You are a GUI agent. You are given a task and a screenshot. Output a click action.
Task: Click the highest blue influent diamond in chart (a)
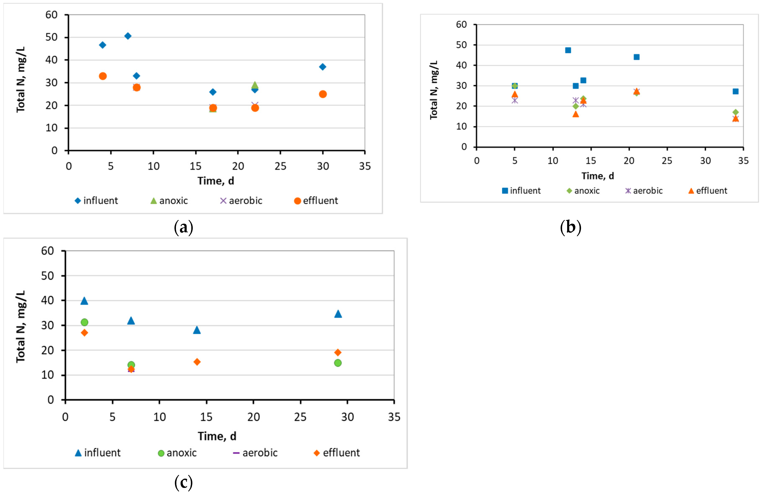point(128,36)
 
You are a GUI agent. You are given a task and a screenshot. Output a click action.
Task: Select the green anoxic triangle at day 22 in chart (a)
point(255,85)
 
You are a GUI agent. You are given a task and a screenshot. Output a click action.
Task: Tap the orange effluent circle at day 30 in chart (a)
point(323,94)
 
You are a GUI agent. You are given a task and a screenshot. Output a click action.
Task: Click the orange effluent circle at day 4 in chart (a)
point(103,76)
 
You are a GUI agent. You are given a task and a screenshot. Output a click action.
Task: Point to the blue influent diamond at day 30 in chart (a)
point(323,67)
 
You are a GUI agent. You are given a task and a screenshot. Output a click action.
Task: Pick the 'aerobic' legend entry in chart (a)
point(241,201)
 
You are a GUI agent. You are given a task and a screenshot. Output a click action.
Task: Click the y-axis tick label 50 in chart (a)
point(51,37)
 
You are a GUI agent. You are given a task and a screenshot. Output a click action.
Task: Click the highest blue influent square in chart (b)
point(568,50)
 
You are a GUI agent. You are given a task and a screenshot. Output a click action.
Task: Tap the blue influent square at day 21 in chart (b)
point(637,57)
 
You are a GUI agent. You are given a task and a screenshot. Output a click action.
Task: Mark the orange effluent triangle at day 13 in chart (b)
point(576,114)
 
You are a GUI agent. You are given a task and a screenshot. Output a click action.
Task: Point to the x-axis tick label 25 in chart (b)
point(667,161)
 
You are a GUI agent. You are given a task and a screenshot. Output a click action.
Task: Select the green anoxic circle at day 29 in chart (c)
point(338,363)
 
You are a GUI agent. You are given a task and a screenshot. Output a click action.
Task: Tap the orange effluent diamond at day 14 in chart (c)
point(197,362)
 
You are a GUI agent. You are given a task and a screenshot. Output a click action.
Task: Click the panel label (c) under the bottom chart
point(184,482)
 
